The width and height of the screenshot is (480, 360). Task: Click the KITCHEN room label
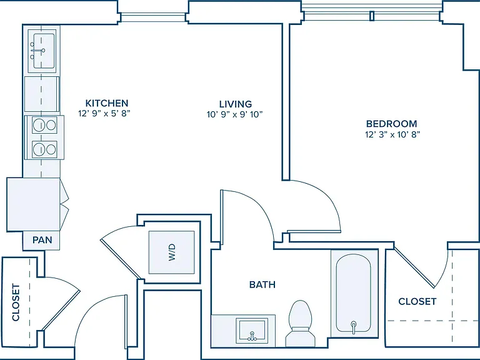(106, 103)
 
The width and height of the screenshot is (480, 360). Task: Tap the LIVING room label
(236, 104)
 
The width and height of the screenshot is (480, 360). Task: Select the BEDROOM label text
(391, 124)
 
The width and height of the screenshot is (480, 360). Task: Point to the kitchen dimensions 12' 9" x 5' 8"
(104, 114)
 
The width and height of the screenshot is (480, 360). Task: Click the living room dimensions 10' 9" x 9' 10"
(234, 114)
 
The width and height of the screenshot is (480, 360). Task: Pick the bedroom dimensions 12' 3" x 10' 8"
(392, 134)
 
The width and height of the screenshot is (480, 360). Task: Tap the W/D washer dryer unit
(171, 252)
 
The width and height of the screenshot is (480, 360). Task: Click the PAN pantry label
(42, 240)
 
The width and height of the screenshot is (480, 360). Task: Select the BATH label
(262, 285)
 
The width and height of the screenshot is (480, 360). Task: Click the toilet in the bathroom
(300, 324)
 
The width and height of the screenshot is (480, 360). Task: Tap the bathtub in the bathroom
(354, 293)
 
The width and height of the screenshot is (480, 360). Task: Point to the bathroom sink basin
(252, 331)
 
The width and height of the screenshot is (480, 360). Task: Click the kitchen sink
(42, 51)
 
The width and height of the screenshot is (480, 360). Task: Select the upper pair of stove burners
(45, 125)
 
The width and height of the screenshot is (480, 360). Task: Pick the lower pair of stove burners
(45, 149)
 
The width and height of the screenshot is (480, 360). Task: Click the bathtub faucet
(354, 327)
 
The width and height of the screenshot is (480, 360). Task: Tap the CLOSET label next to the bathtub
(417, 301)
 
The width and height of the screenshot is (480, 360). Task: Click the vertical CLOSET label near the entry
(16, 302)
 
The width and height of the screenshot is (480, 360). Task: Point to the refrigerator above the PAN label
(33, 204)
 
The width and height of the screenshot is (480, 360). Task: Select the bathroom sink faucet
(252, 336)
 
